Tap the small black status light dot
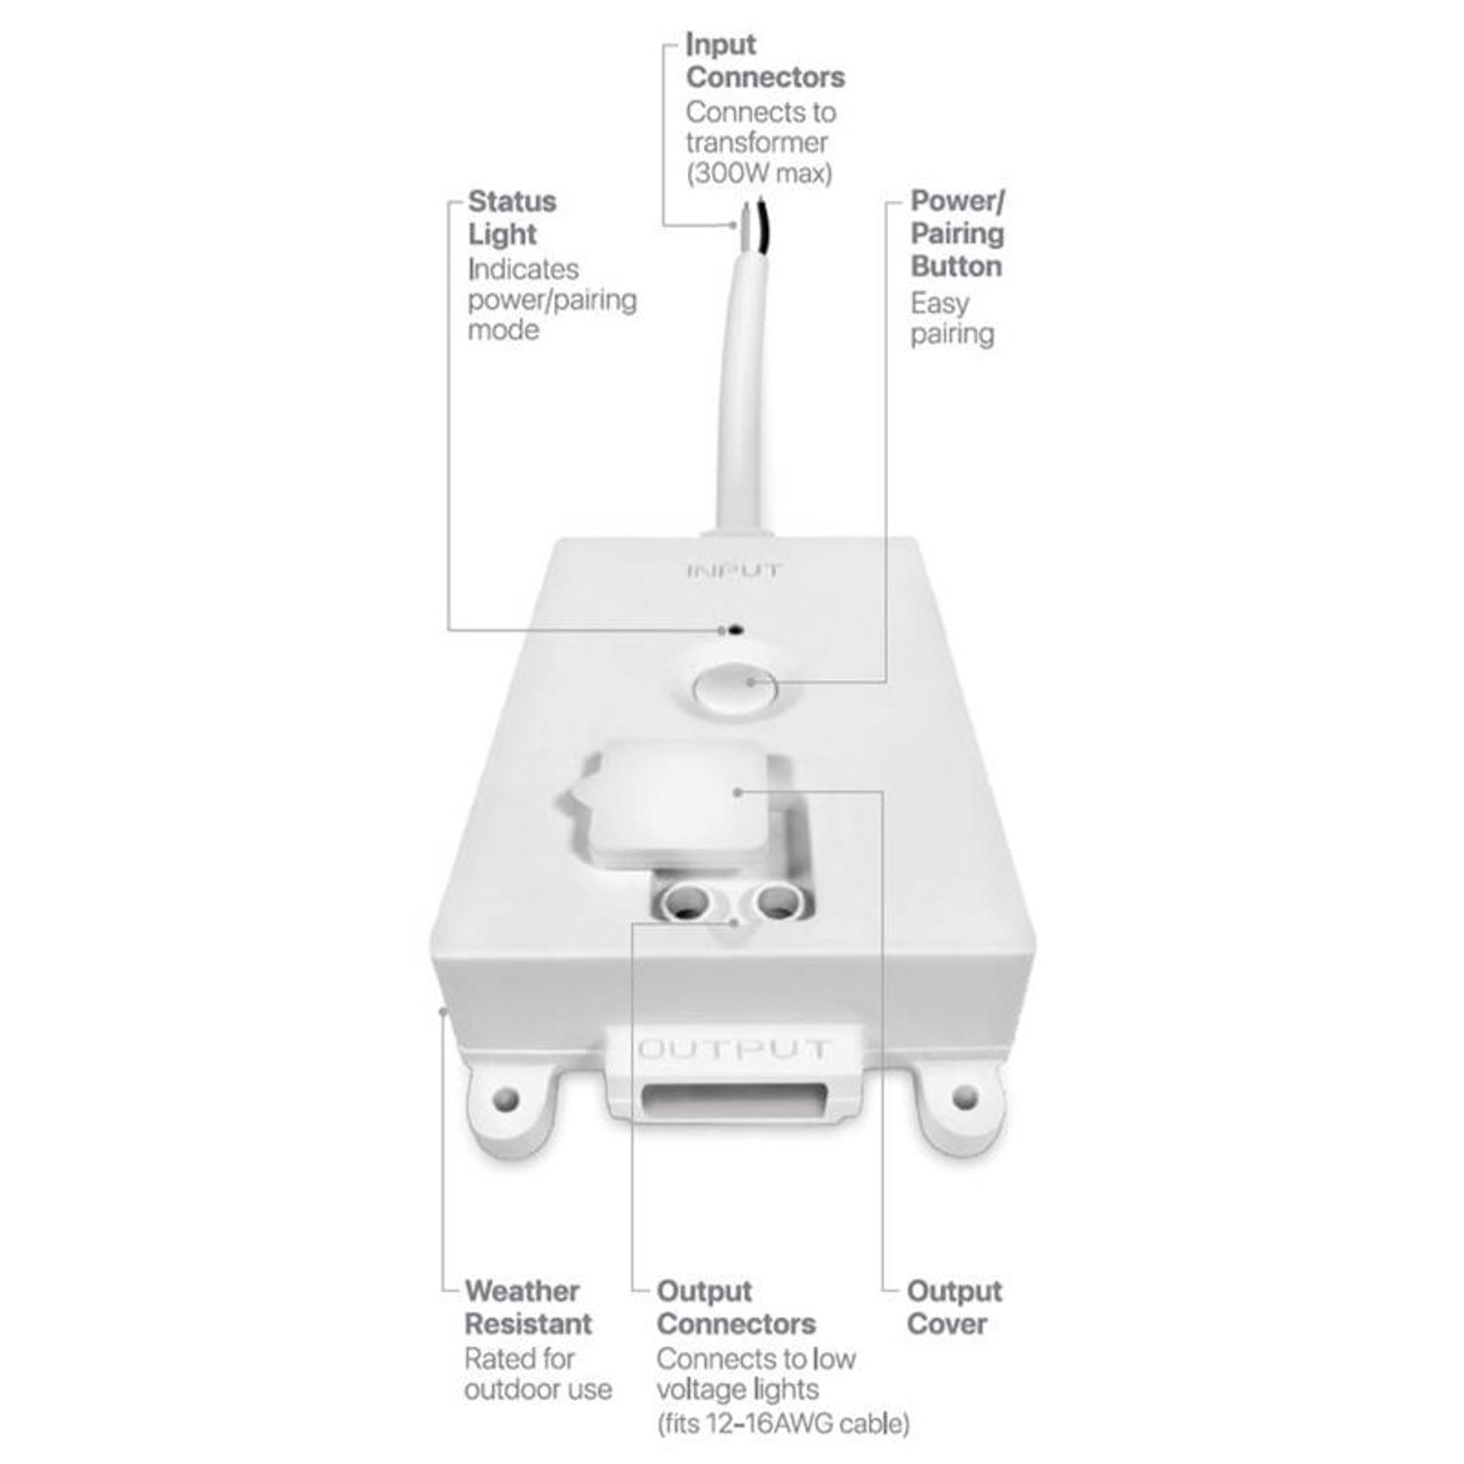(x=736, y=630)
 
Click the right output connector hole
(x=777, y=900)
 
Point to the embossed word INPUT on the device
(x=734, y=571)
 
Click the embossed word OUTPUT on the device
(x=733, y=1050)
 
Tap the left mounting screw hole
(x=505, y=1100)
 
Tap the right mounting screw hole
(x=964, y=1096)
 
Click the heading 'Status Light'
(x=511, y=218)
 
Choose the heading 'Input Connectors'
(x=764, y=61)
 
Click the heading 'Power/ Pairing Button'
(x=956, y=233)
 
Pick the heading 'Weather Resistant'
(x=527, y=1307)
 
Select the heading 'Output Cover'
(x=954, y=1307)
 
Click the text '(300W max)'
(x=758, y=174)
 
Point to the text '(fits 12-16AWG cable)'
(x=783, y=1423)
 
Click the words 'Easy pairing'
(x=952, y=318)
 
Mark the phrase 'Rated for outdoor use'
(x=538, y=1373)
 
